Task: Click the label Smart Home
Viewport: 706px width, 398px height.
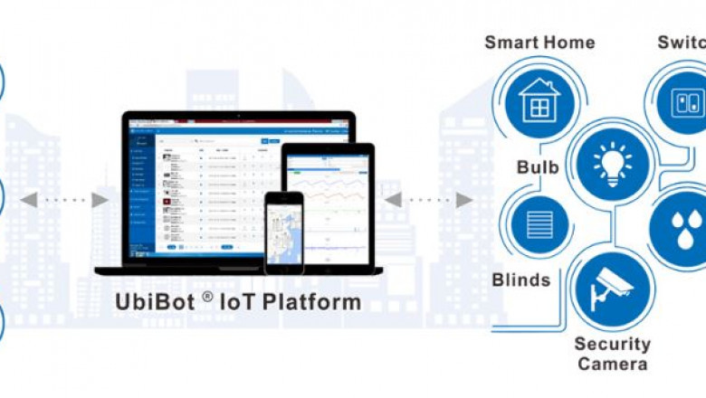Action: tap(539, 43)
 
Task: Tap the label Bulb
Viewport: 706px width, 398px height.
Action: tap(537, 167)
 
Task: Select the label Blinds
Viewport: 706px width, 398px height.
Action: tap(520, 280)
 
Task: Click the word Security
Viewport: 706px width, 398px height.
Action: tap(612, 344)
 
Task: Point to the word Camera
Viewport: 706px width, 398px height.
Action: tap(612, 364)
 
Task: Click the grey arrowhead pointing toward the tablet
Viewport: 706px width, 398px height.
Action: tap(392, 199)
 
